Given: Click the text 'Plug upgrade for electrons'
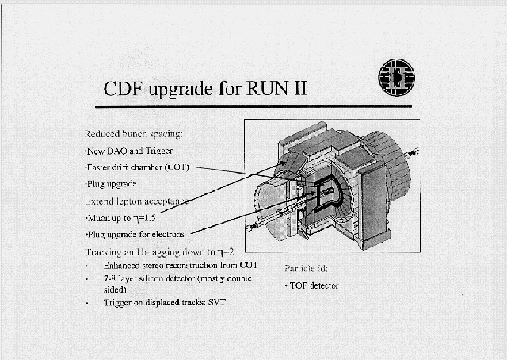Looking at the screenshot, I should pos(135,234).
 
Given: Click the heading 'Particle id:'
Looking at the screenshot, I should pos(299,268).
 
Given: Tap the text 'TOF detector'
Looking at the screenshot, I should pos(311,285).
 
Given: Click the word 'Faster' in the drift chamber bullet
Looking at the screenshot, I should pos(100,167).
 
